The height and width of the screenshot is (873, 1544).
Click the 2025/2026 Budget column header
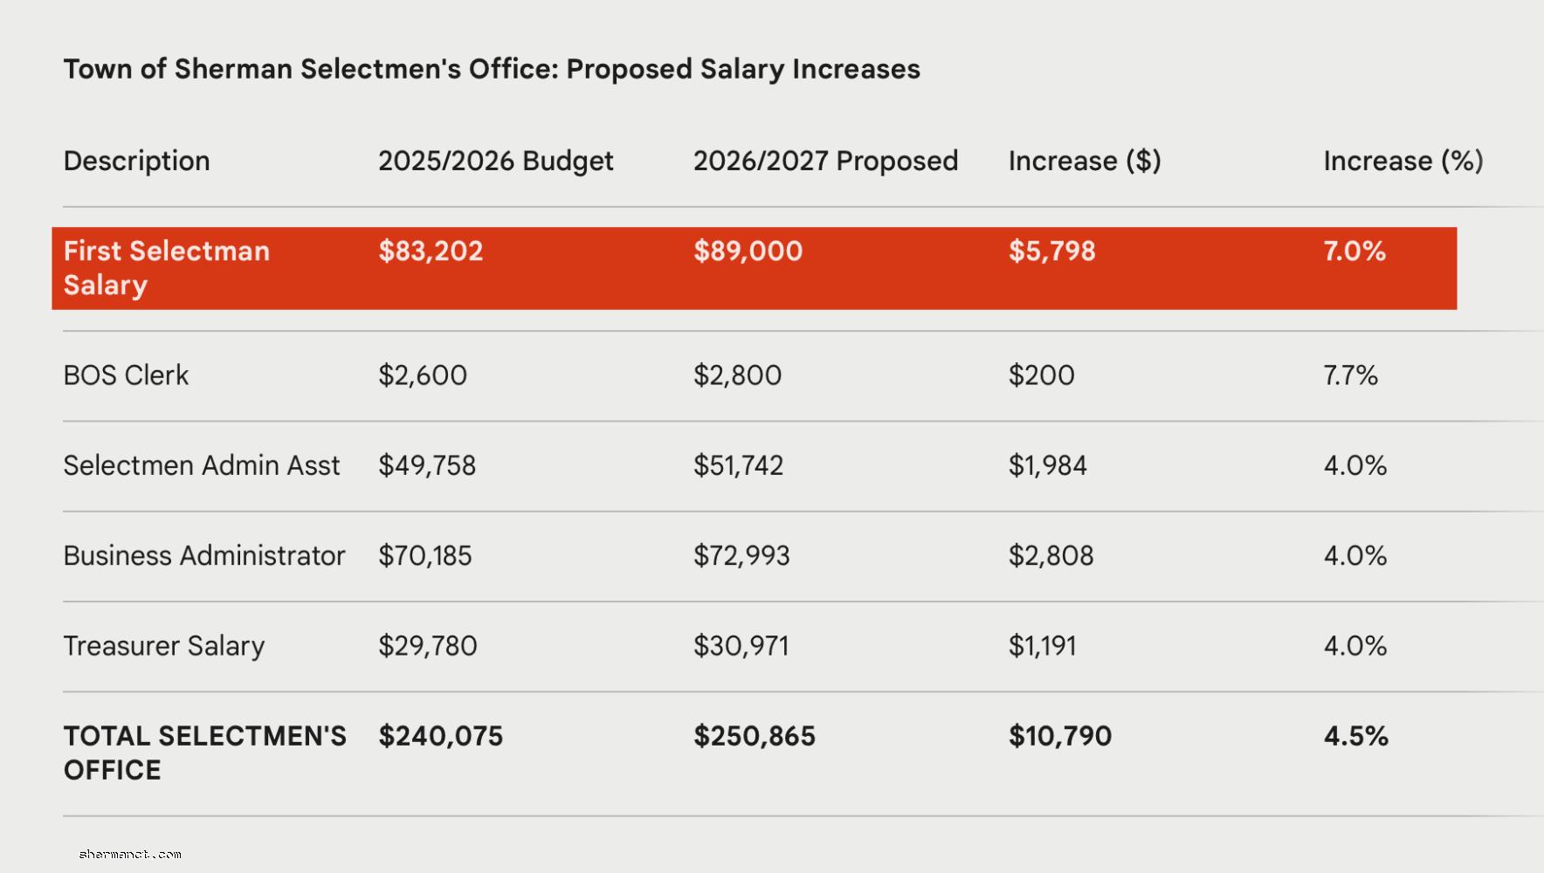point(495,161)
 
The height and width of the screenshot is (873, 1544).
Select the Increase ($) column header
point(1084,161)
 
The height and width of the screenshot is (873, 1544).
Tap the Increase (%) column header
point(1403,161)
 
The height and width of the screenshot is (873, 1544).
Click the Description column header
point(136,161)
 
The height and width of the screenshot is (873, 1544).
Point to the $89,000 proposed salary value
point(748,251)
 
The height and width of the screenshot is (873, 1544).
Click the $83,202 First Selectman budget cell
point(431,251)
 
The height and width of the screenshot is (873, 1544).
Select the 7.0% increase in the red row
point(1354,251)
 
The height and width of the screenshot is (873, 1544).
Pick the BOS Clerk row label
point(126,375)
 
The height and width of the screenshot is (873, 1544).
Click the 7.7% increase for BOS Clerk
point(1350,375)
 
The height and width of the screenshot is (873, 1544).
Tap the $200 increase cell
point(1041,375)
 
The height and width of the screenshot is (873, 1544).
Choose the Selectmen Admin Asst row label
point(201,465)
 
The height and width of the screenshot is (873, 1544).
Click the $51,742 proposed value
point(738,465)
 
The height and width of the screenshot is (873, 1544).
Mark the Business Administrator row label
point(203,556)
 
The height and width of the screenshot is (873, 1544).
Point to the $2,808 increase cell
point(1051,556)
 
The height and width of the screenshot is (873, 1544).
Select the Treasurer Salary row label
point(163,646)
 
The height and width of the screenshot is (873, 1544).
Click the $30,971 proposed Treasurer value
point(741,646)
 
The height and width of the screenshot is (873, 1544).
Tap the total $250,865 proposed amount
point(754,736)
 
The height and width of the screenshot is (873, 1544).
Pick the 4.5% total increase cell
point(1355,736)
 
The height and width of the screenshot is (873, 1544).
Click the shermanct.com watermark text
point(130,855)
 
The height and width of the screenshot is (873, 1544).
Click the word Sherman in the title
point(233,69)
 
